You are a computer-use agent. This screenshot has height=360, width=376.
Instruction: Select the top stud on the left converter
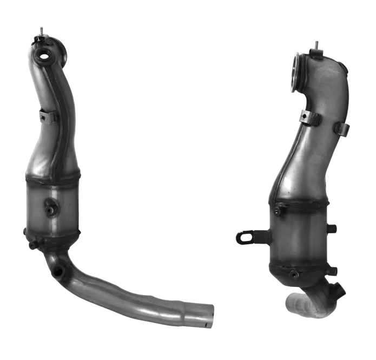41,31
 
